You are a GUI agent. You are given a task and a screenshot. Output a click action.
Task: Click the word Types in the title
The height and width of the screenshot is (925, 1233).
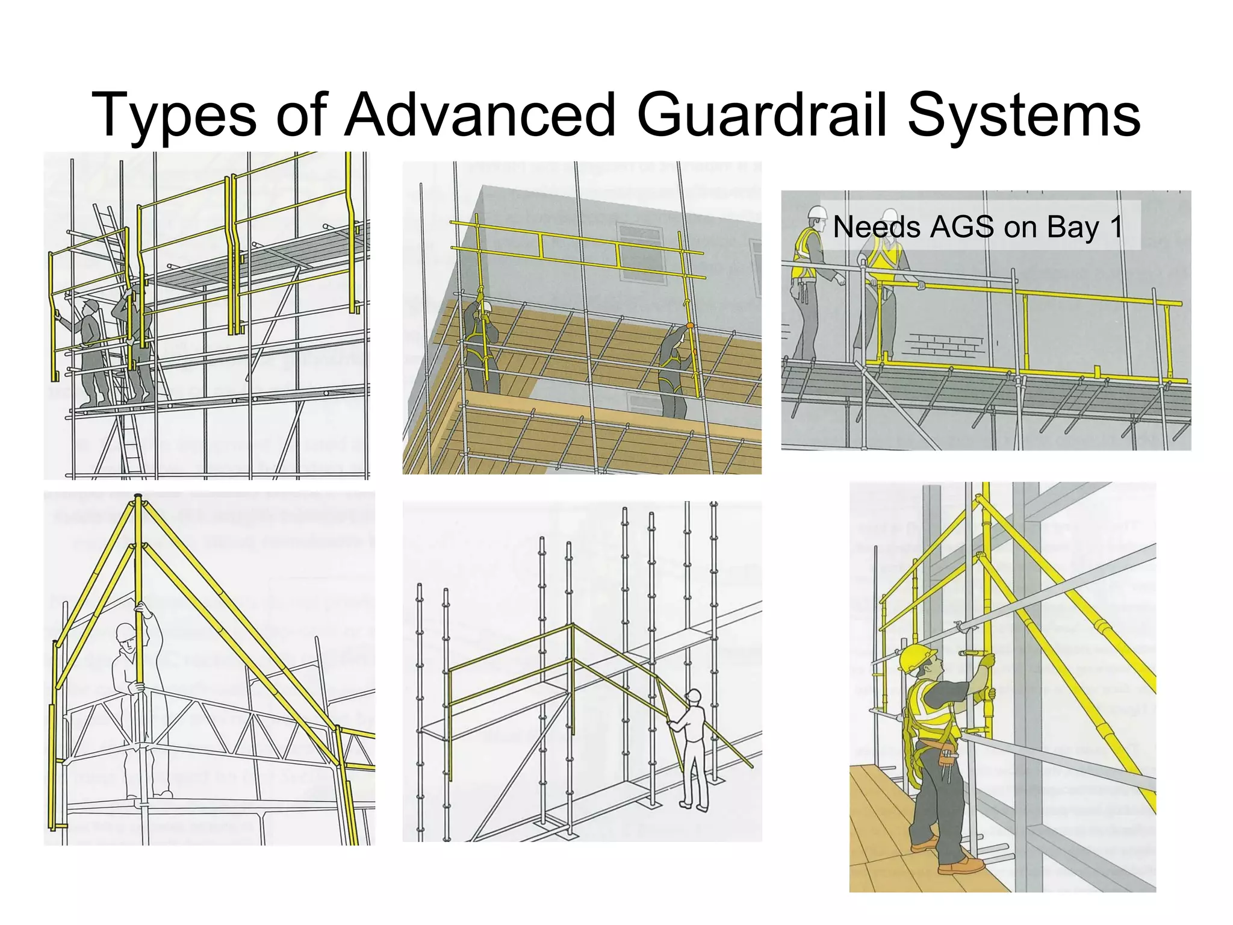174,116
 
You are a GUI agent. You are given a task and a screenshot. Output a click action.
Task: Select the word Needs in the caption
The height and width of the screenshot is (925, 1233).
877,227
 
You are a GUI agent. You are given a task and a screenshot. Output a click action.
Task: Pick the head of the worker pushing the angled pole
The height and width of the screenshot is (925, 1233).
693,697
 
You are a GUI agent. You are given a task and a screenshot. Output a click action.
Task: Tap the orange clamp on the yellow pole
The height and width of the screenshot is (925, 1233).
690,325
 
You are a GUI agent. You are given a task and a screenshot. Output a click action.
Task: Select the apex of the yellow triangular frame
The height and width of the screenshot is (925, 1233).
138,497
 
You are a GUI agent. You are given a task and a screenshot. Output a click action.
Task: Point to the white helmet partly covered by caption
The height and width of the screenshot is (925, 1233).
889,216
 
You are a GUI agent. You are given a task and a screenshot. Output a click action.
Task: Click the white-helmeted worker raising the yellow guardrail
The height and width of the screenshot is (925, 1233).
481,343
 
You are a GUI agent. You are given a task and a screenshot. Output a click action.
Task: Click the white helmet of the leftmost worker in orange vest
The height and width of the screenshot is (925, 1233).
817,212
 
